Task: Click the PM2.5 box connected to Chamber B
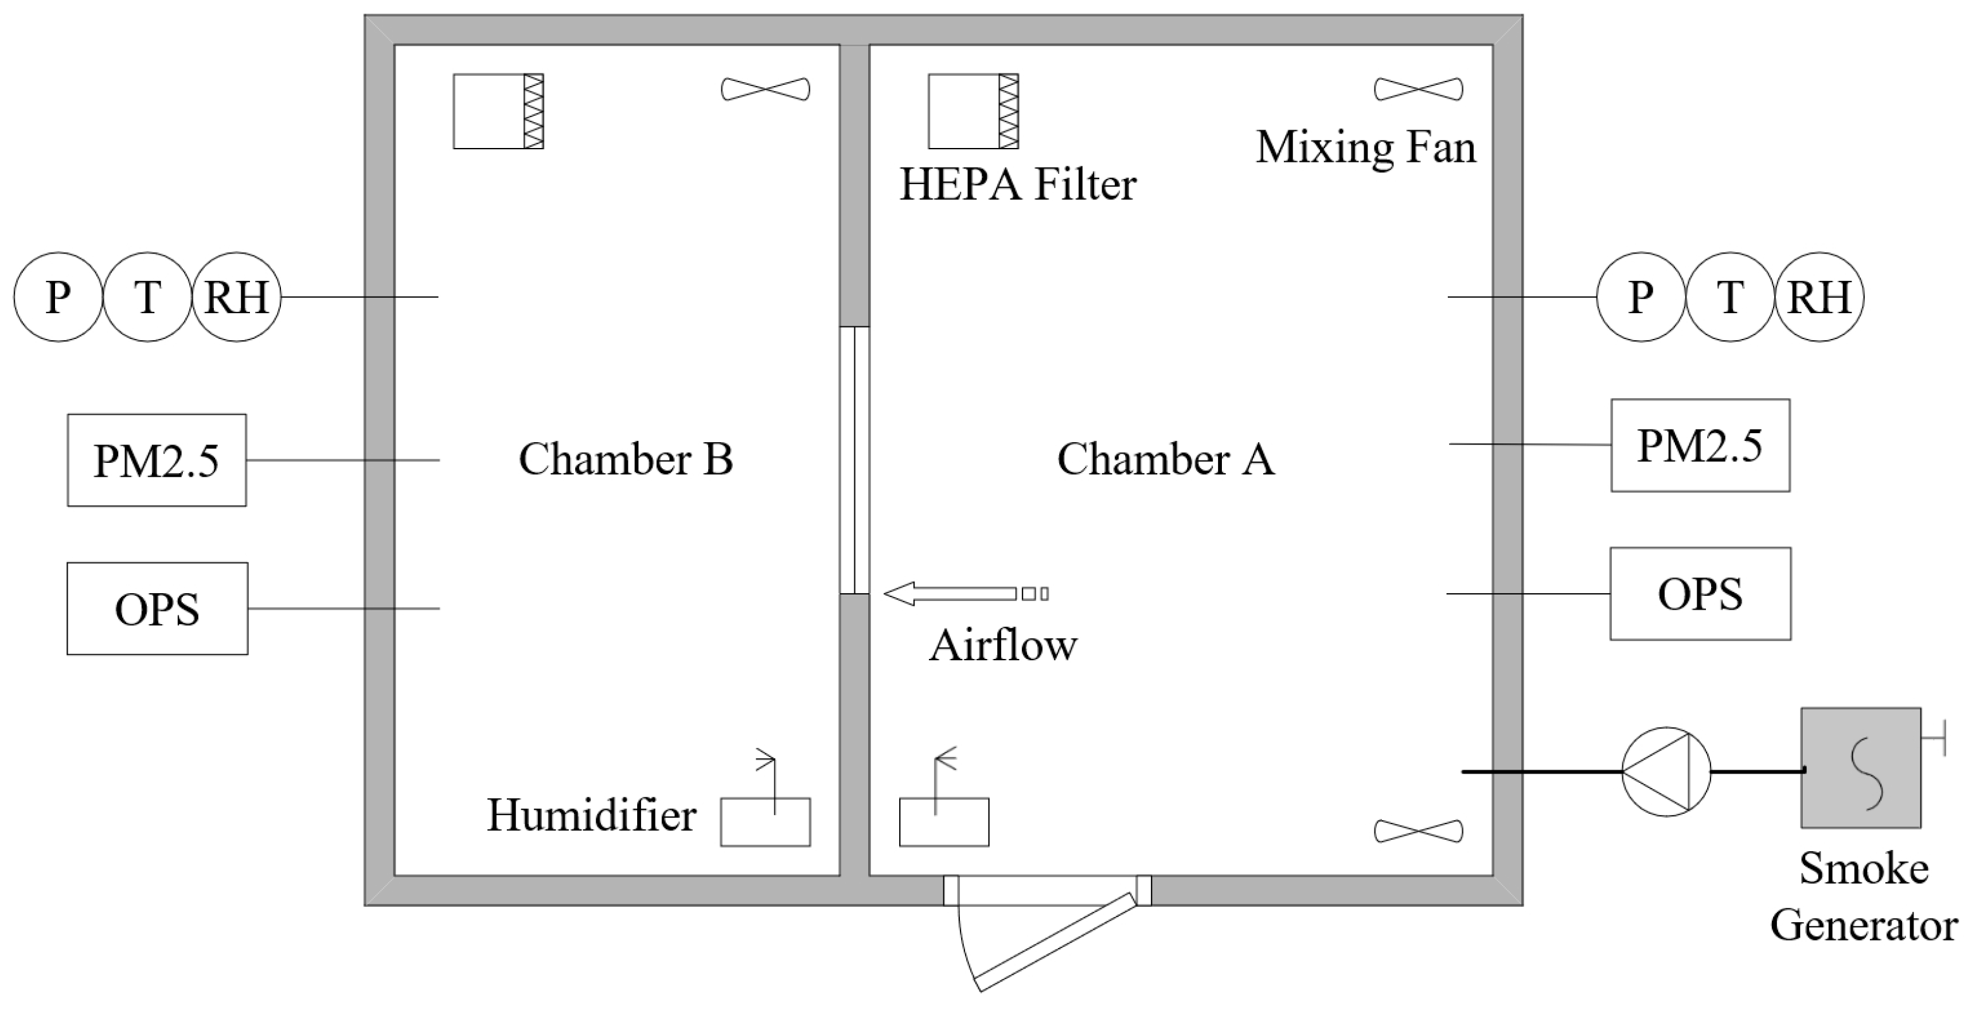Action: [156, 460]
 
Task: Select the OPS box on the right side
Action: [1700, 593]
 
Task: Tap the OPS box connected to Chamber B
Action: [157, 609]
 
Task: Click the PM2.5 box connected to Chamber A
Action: [1700, 445]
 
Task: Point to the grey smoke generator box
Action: [1860, 767]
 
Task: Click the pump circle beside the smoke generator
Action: [1666, 771]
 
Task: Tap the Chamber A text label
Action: [1166, 459]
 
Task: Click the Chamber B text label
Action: [626, 459]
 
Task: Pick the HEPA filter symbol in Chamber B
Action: [498, 111]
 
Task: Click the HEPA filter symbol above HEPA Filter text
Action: [973, 111]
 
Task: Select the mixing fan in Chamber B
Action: [765, 89]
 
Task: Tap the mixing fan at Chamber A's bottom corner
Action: [1419, 831]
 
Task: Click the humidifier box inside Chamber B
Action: [765, 822]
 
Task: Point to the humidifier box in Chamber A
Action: [943, 822]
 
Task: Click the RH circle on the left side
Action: [236, 297]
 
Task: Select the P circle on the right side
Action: [1641, 297]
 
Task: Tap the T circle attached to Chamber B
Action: [147, 297]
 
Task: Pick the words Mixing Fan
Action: [1366, 147]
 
